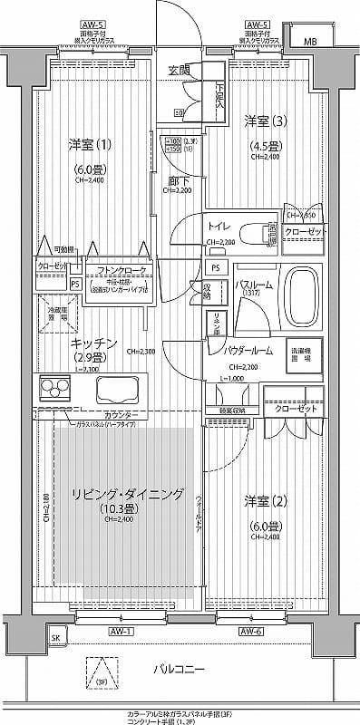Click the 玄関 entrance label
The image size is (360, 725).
point(179,70)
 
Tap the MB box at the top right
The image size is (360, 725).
point(310,41)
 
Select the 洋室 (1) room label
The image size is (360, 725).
point(91,144)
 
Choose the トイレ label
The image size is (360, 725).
point(218,227)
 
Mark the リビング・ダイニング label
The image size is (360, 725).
point(127,494)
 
